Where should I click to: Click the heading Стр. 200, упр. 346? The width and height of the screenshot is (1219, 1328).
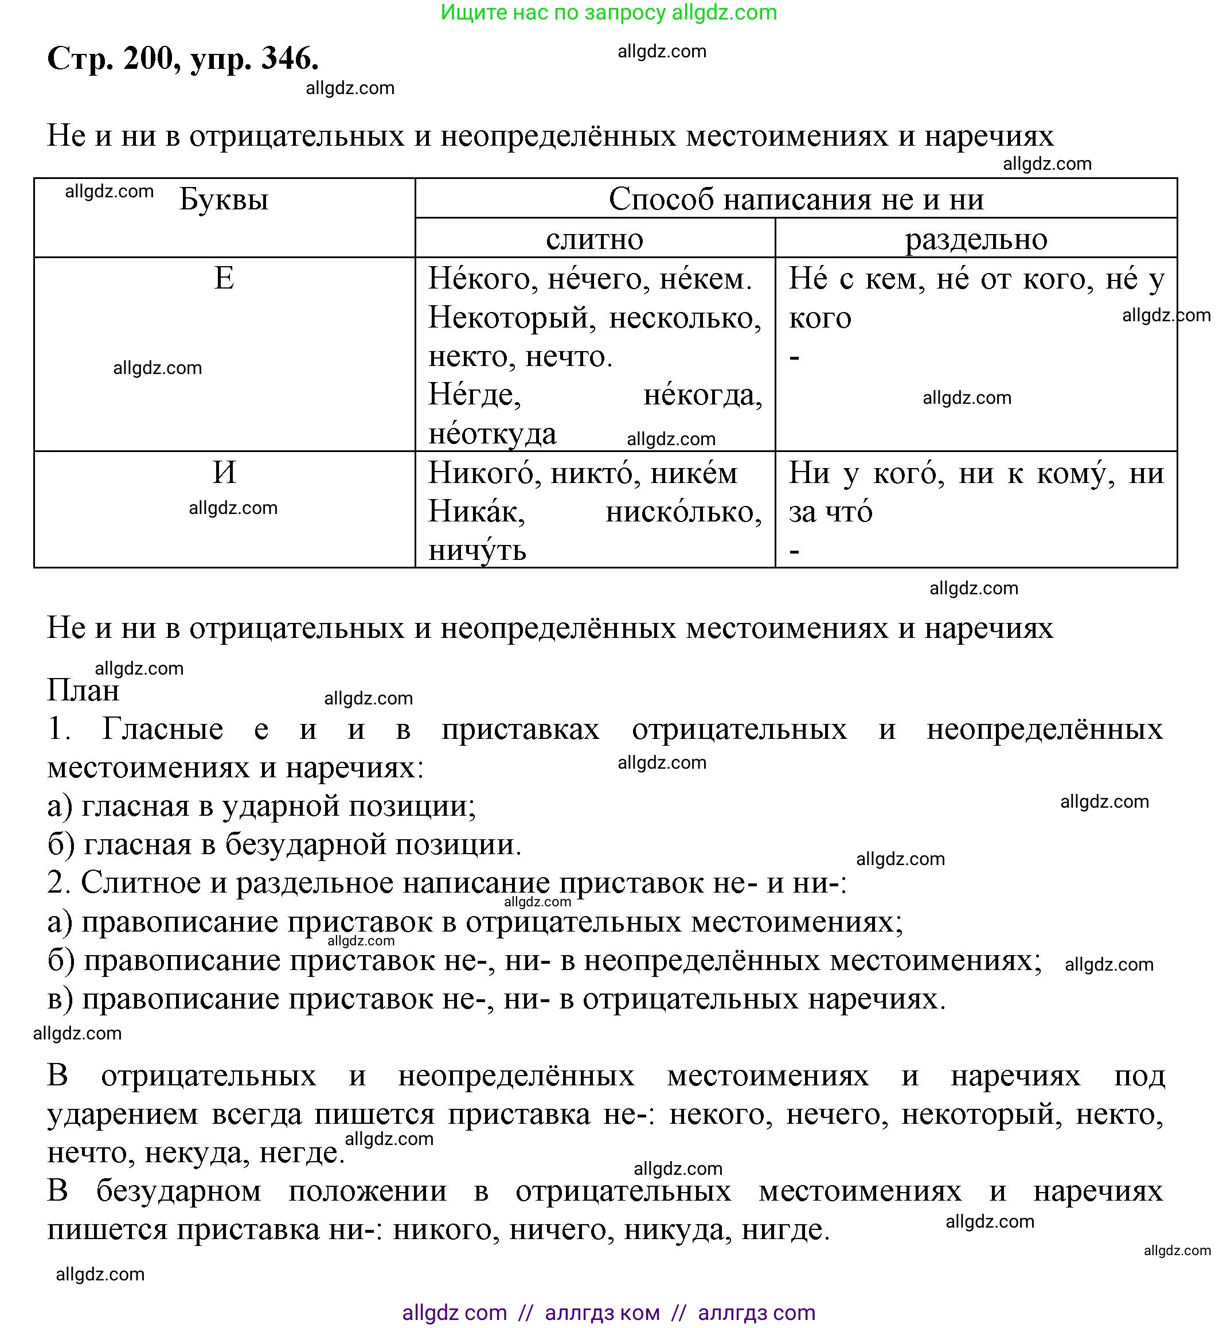[183, 59]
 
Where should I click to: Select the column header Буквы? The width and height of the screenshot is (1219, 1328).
[224, 199]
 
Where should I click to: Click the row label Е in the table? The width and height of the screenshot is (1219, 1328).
[224, 278]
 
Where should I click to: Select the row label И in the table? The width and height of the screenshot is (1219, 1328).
[224, 473]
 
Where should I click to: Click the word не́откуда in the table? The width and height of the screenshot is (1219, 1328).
[492, 434]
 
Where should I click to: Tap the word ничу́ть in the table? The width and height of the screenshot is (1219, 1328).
[477, 550]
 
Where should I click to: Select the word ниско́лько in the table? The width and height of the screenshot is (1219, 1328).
[683, 512]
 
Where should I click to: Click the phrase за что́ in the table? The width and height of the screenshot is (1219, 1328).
[830, 512]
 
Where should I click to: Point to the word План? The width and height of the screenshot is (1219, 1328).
[83, 691]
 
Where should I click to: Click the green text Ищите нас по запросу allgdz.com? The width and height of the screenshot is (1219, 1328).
[608, 13]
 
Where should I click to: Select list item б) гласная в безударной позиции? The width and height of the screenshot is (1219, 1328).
[284, 845]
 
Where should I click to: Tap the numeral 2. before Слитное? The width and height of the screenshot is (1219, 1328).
[58, 883]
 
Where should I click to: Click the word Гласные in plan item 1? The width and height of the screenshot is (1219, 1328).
[162, 729]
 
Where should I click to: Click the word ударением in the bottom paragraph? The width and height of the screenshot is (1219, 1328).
[123, 1114]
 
